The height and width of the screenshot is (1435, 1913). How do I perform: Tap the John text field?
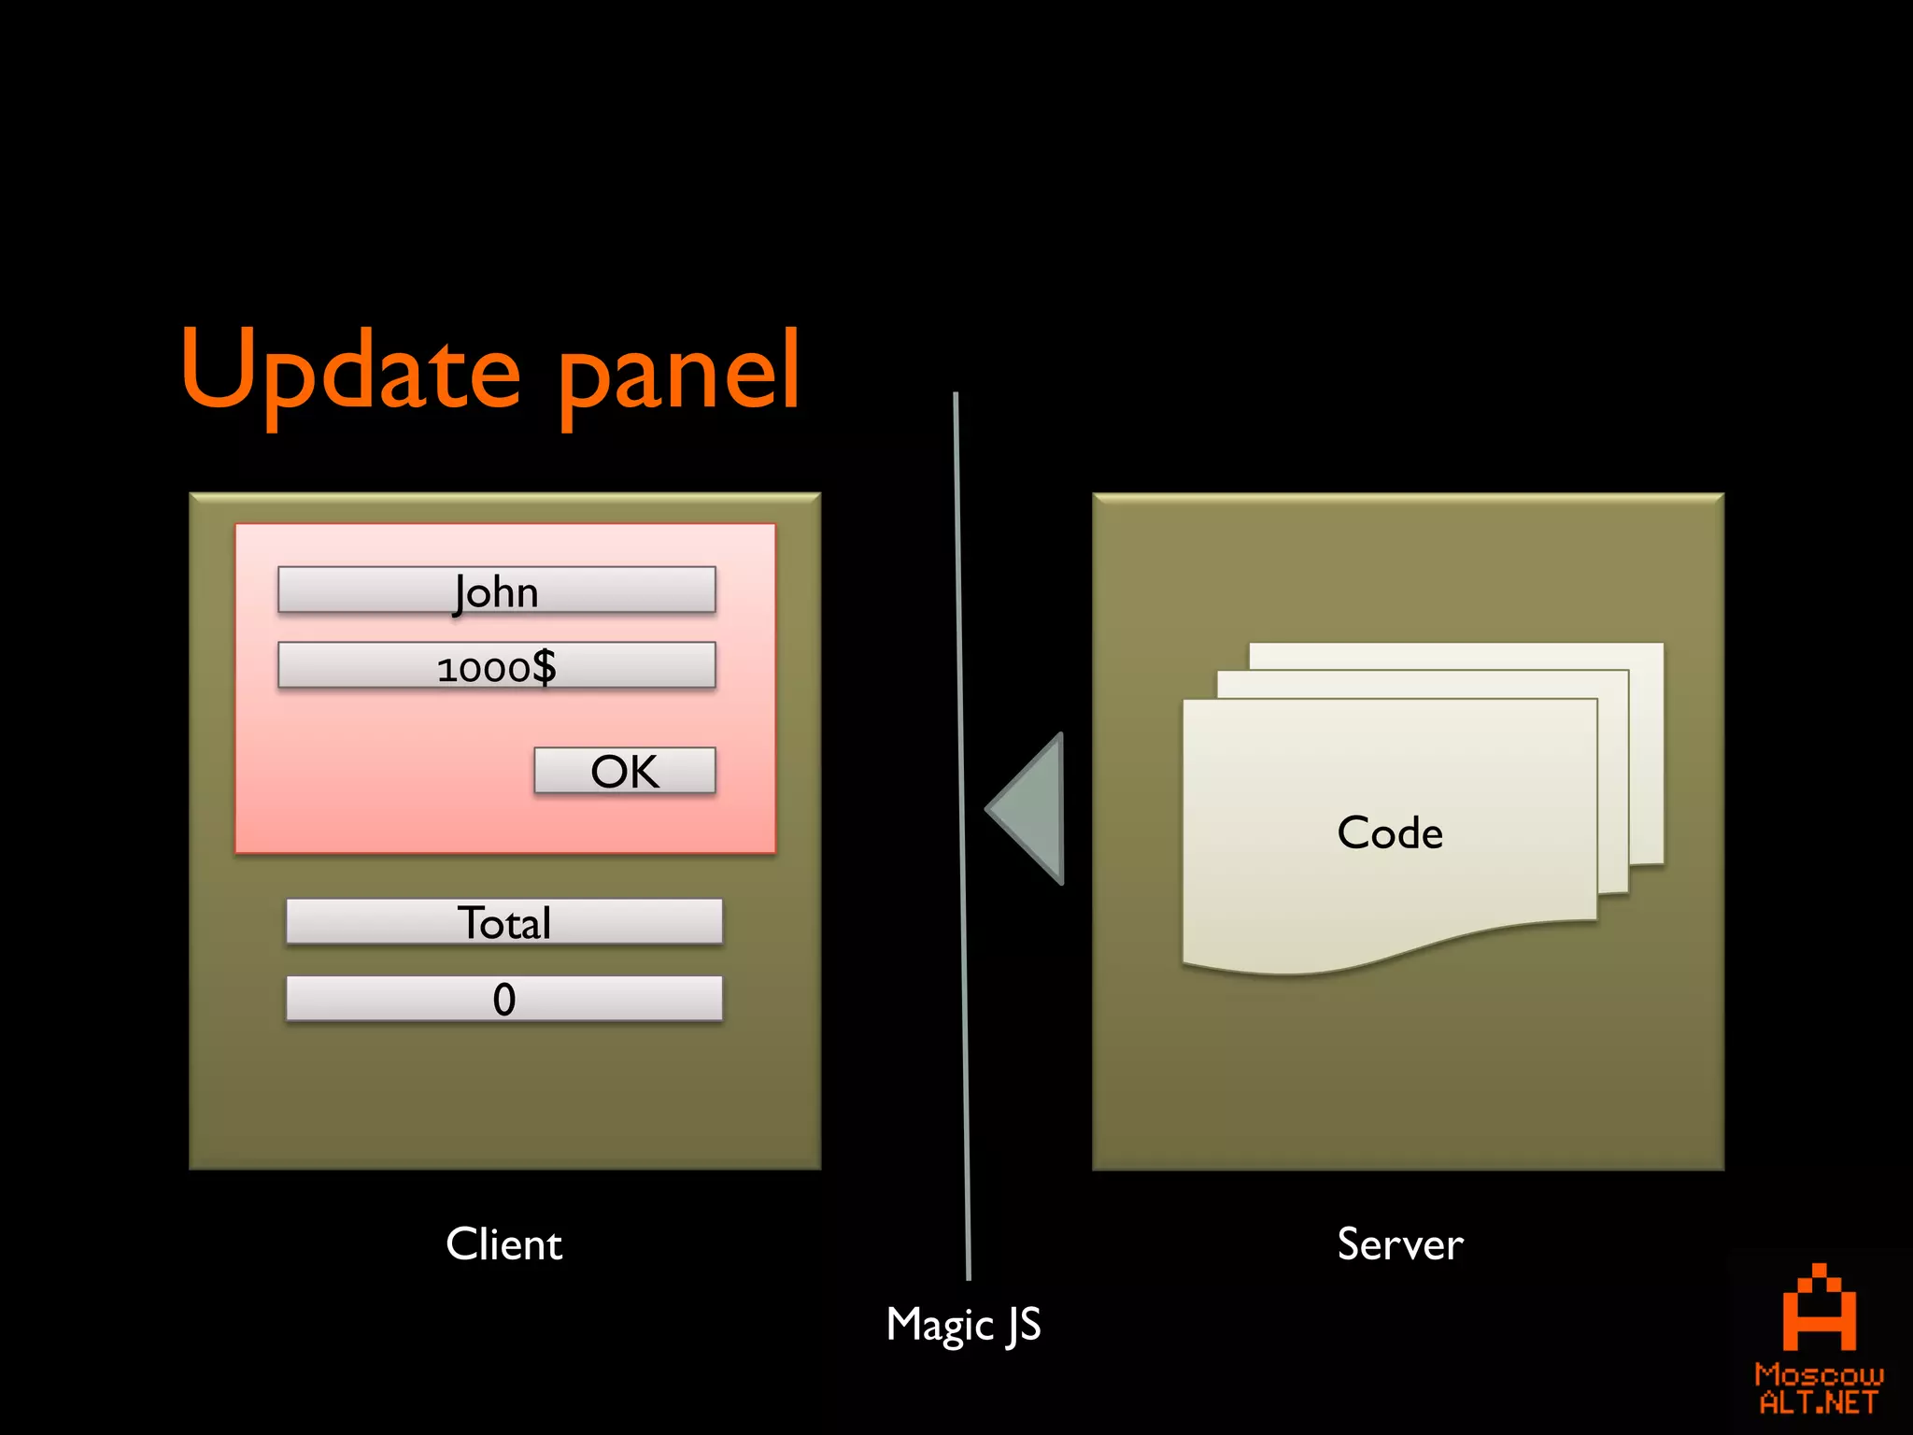pos(496,590)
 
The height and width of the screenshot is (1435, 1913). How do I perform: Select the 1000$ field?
pos(496,666)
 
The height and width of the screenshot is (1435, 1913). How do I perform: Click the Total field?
pos(503,922)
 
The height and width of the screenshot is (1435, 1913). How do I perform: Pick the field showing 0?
pos(503,999)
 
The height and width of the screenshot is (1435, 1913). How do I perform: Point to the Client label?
pos(503,1243)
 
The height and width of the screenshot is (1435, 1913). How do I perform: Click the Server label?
pos(1399,1243)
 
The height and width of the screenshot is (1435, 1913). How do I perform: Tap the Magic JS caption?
pos(963,1325)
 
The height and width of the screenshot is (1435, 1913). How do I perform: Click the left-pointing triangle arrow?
pos(1033,809)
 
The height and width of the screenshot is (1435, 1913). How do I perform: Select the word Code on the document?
pos(1390,832)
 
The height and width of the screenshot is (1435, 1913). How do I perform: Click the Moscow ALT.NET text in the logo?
pos(1818,1388)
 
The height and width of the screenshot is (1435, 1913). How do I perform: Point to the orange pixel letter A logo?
pos(1819,1308)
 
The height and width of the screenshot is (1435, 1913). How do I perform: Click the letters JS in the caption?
pos(1024,1325)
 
